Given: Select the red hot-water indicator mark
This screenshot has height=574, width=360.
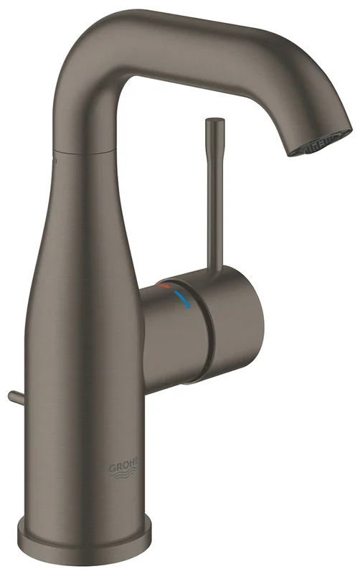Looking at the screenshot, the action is point(164,286).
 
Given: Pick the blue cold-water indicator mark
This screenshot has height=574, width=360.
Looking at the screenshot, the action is point(182,299).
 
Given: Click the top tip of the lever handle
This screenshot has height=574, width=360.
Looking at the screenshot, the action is point(215,120).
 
